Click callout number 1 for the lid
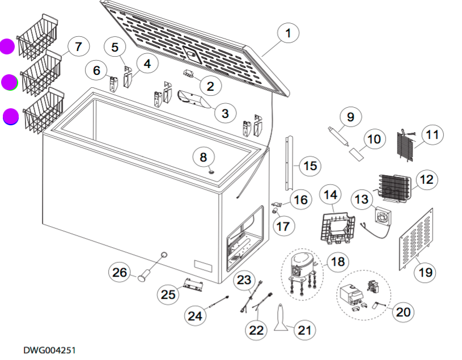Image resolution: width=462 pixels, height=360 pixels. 288,34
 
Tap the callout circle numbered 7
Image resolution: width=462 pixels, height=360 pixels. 78,46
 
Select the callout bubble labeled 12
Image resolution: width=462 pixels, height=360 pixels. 426,180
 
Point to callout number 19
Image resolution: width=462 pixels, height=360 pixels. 425,273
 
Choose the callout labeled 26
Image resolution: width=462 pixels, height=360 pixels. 119,273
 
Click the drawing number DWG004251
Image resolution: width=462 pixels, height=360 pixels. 49,350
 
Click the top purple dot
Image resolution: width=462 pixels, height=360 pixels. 7,46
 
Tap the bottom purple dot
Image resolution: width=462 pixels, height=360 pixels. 10,117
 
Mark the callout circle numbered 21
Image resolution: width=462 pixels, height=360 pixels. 305,329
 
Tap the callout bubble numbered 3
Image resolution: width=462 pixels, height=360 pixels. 225,113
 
